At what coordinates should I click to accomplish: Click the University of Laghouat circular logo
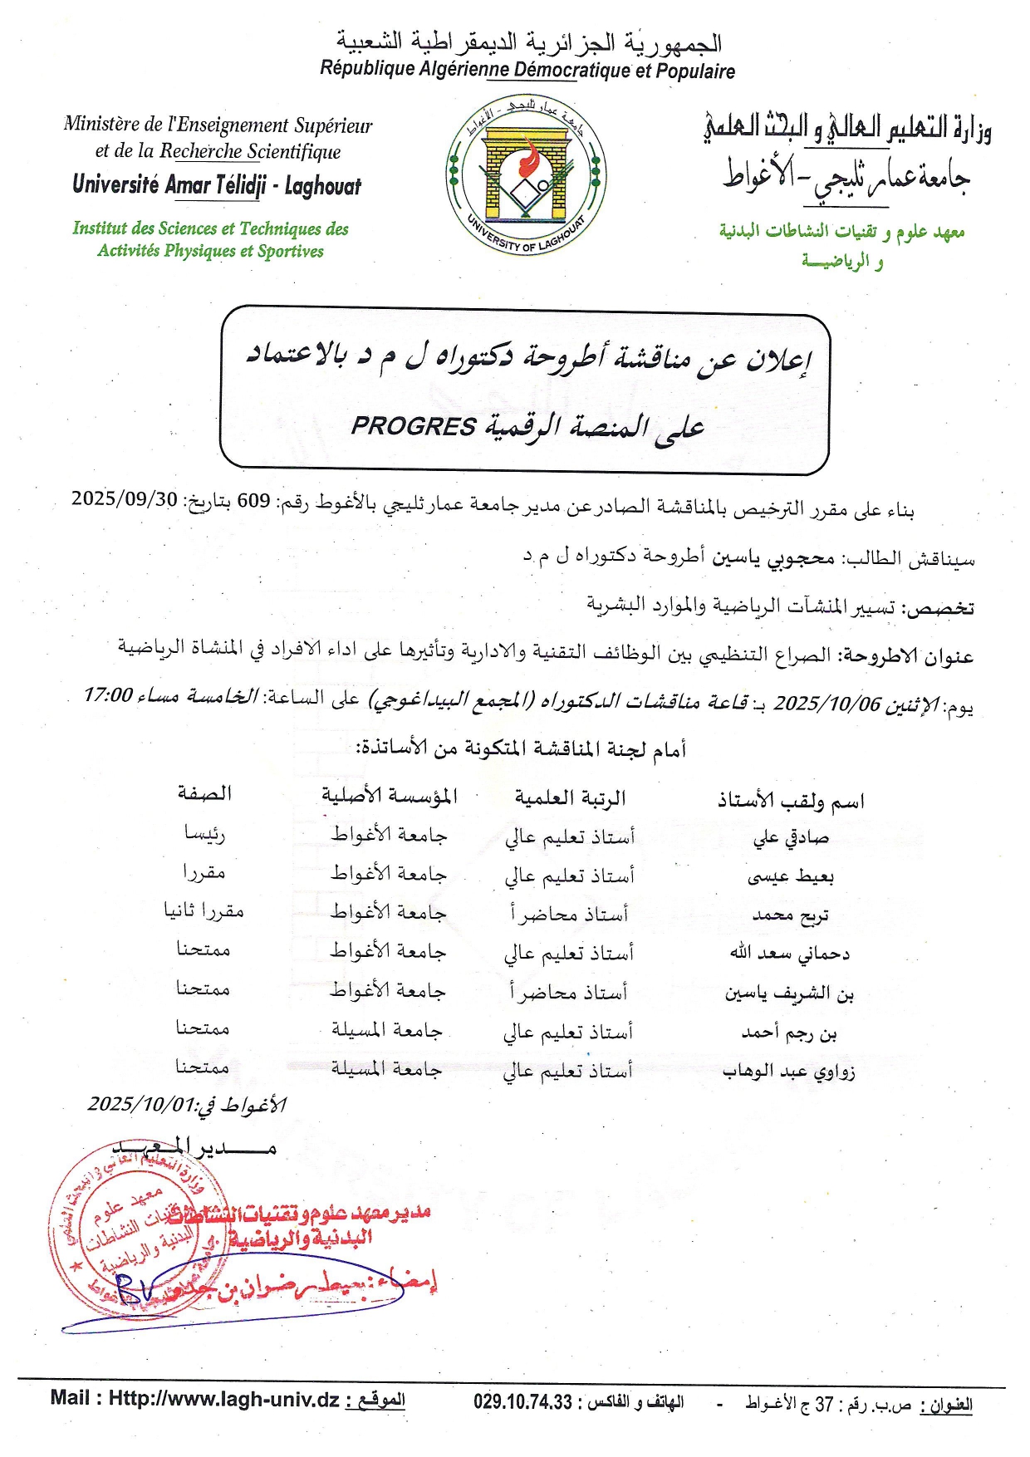point(525,176)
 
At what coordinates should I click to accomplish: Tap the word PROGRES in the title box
point(413,426)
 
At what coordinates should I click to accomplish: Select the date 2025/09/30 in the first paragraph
point(125,498)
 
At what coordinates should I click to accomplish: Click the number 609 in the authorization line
point(253,500)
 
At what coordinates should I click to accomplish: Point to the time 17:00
point(107,694)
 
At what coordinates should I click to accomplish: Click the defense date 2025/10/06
point(826,704)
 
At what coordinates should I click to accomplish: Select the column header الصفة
point(204,793)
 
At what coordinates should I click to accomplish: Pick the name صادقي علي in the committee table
point(791,837)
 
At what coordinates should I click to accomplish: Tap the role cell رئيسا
point(204,833)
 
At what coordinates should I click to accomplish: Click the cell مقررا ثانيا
point(204,910)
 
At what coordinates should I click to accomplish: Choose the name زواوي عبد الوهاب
point(788,1072)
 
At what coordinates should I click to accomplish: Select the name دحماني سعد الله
point(789,954)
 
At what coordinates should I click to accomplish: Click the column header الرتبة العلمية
point(570,798)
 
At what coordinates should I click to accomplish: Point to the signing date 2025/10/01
point(140,1104)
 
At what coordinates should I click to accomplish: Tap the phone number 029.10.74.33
point(522,1402)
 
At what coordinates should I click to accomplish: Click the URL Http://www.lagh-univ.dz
point(224,1399)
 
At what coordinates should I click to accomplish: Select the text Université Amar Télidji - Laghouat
point(217,184)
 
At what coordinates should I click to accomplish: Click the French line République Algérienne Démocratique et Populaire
point(527,70)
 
